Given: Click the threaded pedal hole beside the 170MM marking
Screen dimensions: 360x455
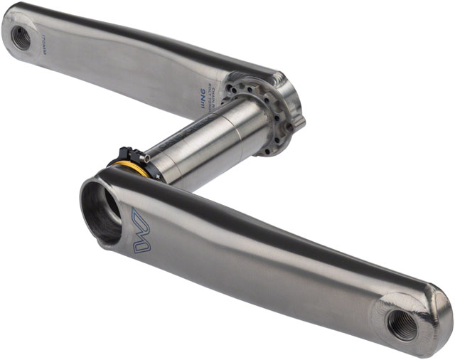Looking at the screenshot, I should point(21,37).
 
